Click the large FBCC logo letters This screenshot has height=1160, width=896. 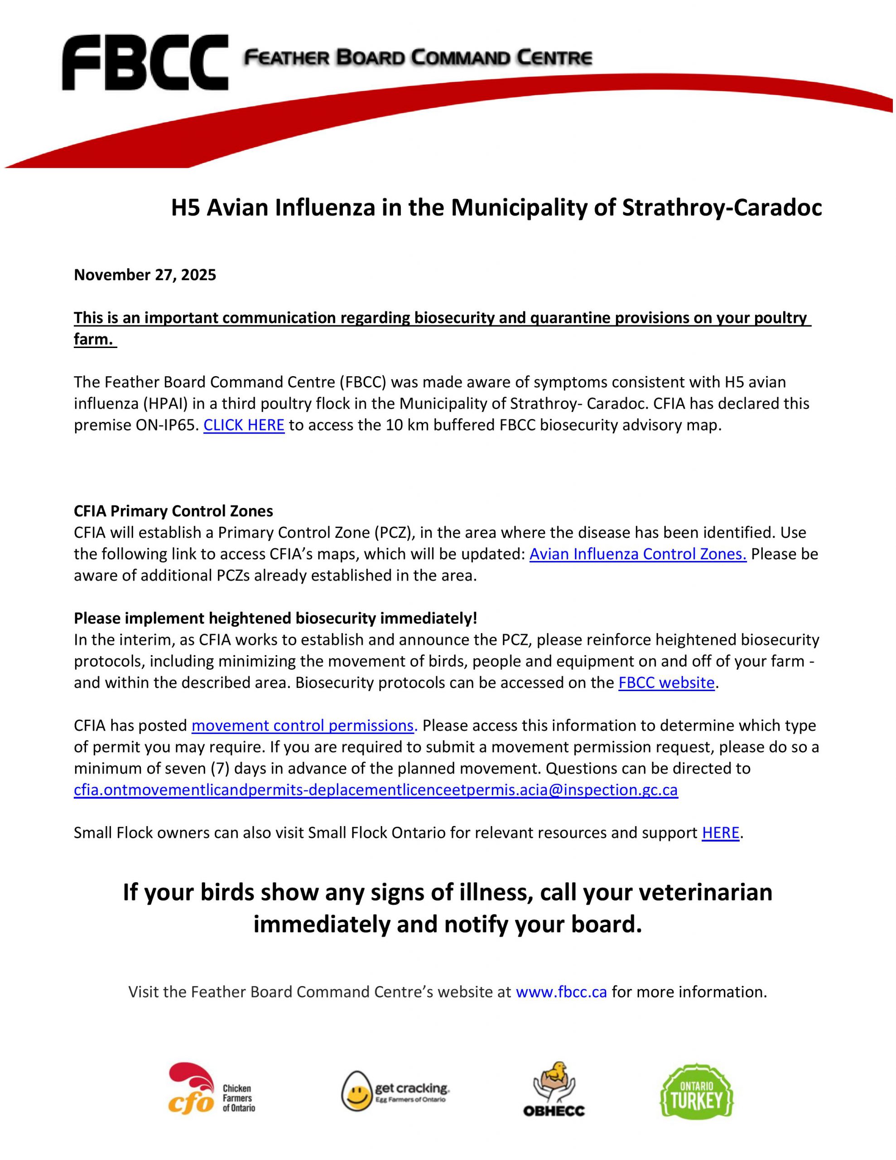145,63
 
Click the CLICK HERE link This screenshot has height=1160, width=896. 244,425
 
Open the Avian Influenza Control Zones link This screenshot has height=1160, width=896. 638,554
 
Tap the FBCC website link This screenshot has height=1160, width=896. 666,682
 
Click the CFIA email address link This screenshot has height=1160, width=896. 376,790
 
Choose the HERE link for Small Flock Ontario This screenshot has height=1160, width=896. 720,833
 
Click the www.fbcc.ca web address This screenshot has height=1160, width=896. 561,991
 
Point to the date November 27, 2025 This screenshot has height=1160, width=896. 145,275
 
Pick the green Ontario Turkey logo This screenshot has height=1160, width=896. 696,1091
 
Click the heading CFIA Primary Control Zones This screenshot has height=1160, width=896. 173,511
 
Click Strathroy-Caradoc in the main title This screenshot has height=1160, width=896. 722,208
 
